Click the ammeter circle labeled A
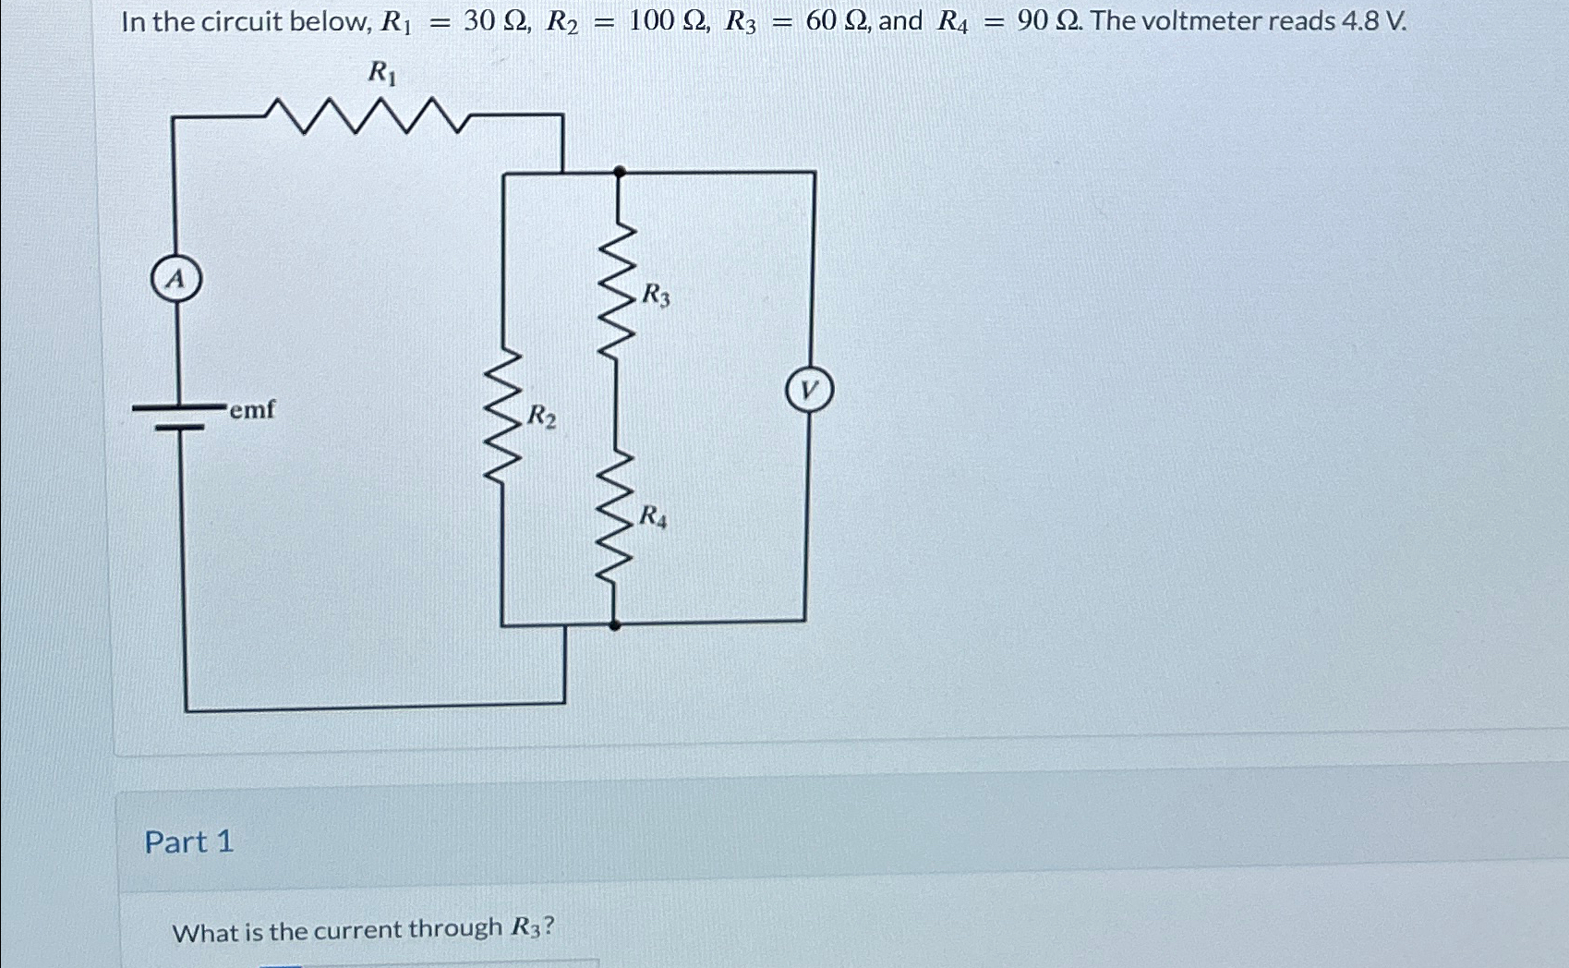(175, 279)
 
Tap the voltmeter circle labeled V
(809, 391)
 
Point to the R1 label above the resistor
(382, 72)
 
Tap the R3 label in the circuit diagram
(656, 296)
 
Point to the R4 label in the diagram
(654, 516)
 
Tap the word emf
(252, 409)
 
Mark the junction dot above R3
(620, 172)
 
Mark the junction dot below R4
(615, 625)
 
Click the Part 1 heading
(189, 841)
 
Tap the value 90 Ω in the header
(1048, 20)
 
